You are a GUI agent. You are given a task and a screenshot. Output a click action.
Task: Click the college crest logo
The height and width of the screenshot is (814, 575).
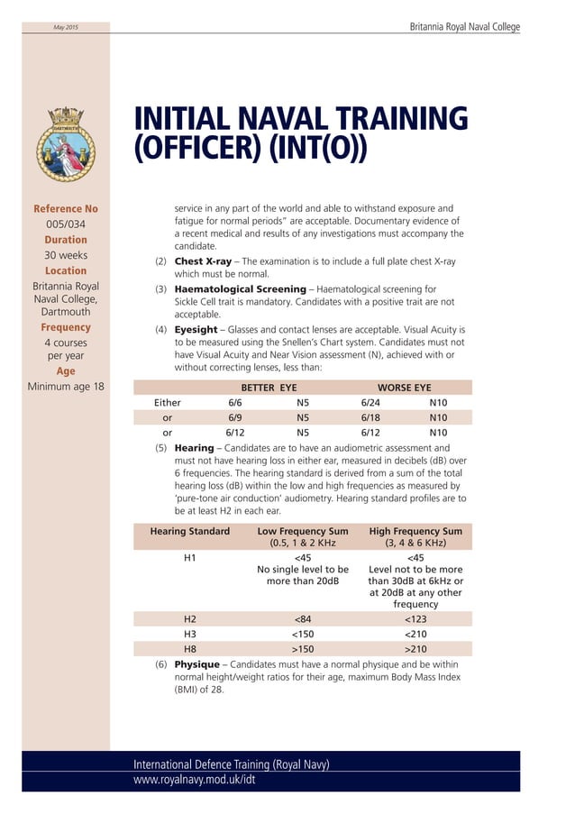click(66, 144)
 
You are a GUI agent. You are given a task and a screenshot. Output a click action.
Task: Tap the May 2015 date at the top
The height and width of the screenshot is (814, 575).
click(66, 28)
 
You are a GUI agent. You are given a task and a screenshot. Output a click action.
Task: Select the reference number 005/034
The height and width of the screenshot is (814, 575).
click(66, 224)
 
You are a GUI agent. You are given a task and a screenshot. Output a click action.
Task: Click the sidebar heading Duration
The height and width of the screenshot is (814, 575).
click(66, 240)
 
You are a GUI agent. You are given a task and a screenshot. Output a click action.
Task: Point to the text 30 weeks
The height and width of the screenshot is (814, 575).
click(66, 255)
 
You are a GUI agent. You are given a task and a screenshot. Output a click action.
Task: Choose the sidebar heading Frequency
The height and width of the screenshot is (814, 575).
click(66, 327)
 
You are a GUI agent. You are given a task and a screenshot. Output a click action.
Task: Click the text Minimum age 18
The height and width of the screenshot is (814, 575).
click(66, 387)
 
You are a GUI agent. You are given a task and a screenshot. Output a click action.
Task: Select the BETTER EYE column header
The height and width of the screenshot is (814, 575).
click(269, 388)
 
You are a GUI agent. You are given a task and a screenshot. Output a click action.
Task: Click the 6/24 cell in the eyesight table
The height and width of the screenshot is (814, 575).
click(370, 403)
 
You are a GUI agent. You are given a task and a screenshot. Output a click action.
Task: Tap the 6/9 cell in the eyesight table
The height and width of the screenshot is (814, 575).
click(235, 418)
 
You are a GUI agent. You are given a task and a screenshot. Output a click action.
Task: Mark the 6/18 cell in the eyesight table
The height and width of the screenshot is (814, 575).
click(370, 418)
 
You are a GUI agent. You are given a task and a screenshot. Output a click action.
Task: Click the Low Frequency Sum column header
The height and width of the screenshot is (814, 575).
click(303, 537)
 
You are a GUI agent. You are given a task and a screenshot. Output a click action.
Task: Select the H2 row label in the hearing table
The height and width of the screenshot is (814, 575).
click(190, 619)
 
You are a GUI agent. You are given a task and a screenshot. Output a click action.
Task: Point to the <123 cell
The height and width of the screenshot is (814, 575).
click(415, 619)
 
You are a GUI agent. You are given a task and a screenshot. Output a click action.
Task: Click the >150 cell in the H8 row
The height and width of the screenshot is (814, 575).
click(303, 649)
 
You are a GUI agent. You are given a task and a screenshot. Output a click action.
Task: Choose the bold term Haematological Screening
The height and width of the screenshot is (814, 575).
click(240, 289)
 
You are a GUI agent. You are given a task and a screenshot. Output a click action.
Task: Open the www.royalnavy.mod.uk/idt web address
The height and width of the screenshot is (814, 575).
click(195, 780)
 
